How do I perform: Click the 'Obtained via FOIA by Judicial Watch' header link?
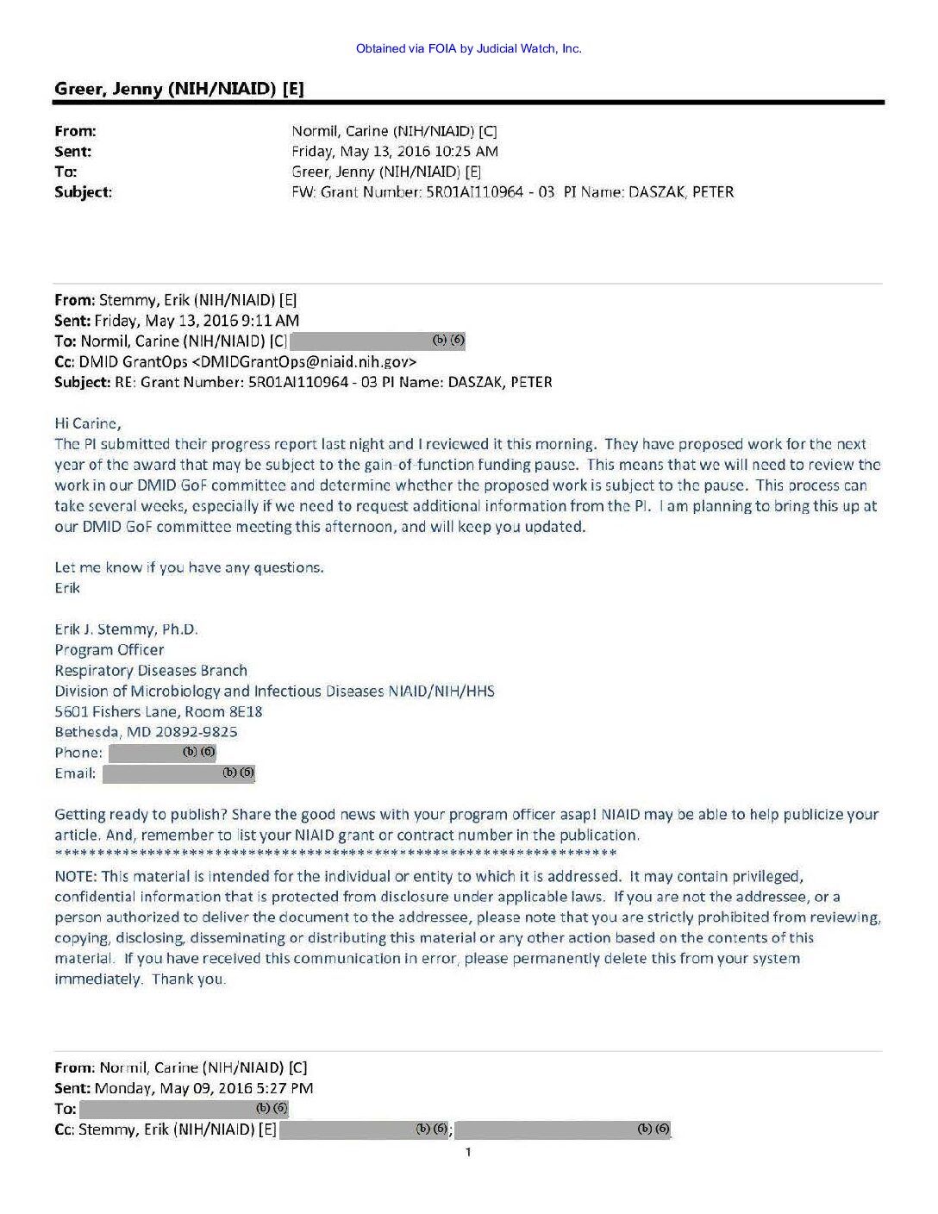coord(468,48)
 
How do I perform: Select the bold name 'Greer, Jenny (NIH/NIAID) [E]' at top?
coord(178,89)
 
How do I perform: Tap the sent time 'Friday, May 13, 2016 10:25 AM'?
coord(395,152)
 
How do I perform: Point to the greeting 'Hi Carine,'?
coord(88,423)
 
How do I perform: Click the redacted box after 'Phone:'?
coord(162,753)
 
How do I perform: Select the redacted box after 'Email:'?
coord(178,773)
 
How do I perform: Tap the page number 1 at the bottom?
coord(468,1153)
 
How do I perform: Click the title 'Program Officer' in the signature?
coord(109,650)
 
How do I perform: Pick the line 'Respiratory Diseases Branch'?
coord(151,671)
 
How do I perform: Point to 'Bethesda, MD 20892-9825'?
coord(146,732)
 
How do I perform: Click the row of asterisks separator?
coord(335,854)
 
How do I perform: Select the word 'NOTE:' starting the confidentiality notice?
coord(75,876)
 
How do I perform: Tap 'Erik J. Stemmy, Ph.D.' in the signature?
coord(126,629)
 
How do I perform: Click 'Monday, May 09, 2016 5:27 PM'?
coord(203,1088)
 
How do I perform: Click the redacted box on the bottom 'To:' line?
coord(184,1109)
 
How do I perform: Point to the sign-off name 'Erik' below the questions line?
coord(67,588)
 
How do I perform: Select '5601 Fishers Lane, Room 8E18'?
coord(159,711)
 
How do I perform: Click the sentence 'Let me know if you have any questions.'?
coord(189,567)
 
